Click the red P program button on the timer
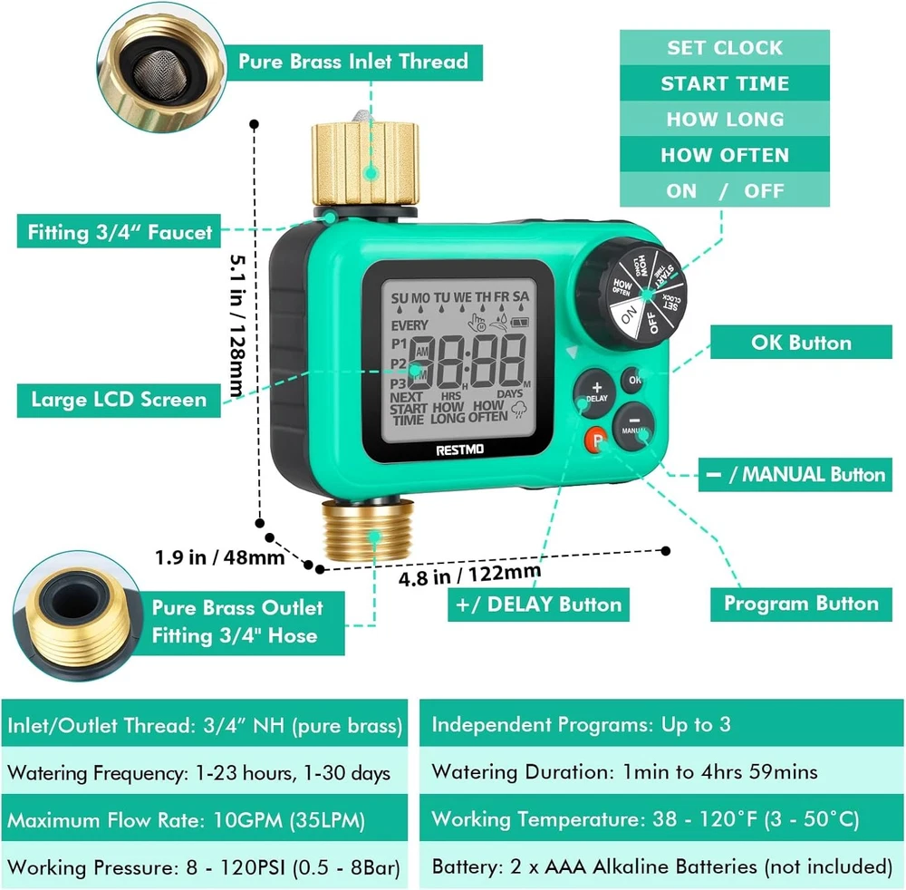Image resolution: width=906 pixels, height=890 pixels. click(596, 441)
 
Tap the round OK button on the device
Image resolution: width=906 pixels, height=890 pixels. click(633, 380)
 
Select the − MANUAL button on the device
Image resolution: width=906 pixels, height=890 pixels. click(633, 426)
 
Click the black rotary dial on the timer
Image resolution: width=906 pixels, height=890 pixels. click(632, 293)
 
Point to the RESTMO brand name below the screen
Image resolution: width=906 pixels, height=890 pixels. click(460, 450)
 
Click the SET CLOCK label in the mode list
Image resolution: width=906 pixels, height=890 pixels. click(725, 47)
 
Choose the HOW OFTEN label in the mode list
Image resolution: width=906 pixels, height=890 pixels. click(725, 155)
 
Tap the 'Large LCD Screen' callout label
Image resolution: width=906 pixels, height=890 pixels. click(119, 400)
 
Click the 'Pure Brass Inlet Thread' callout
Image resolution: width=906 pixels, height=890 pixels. click(353, 62)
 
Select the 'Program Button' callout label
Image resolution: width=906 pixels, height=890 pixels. click(801, 604)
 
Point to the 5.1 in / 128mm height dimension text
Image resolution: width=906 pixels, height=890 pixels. click(238, 325)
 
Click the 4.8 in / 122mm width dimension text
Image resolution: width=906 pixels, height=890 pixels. click(469, 575)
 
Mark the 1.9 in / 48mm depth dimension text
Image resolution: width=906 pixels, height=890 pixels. click(219, 557)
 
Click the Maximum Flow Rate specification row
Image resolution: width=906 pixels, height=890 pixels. click(205, 819)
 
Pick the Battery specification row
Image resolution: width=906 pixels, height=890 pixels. click(661, 866)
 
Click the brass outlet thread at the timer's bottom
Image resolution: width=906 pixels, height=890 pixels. click(368, 530)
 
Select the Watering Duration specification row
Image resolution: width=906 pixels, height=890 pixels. click(661, 772)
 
